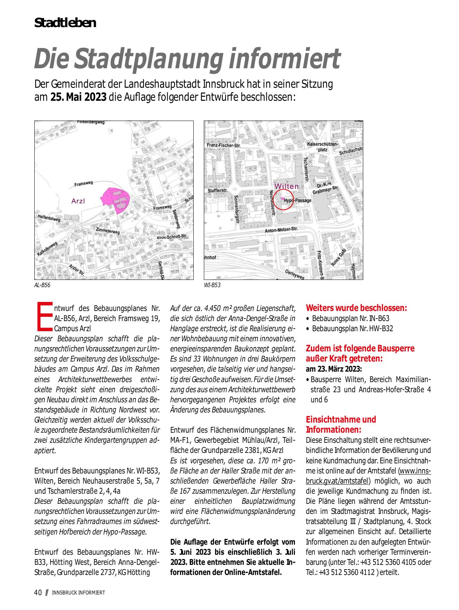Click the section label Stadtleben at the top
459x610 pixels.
pyautogui.click(x=65, y=23)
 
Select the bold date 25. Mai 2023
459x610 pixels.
pyautogui.click(x=78, y=97)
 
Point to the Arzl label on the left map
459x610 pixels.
pyautogui.click(x=78, y=201)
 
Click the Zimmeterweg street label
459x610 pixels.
pyautogui.click(x=108, y=231)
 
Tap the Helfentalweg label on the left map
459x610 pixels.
pyautogui.click(x=49, y=218)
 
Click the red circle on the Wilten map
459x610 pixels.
pyautogui.click(x=283, y=199)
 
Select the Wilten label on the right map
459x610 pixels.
pyautogui.click(x=287, y=186)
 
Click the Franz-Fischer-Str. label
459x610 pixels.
pyautogui.click(x=224, y=145)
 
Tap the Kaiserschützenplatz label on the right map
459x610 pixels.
pyautogui.click(x=321, y=147)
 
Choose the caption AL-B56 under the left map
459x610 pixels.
pyautogui.click(x=42, y=285)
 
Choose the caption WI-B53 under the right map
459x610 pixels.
pyautogui.click(x=212, y=285)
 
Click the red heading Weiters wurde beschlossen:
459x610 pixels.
pyautogui.click(x=356, y=308)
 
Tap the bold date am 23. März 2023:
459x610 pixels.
pyautogui.click(x=334, y=369)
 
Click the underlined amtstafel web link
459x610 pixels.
pyautogui.click(x=369, y=476)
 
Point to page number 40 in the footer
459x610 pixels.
pyautogui.click(x=38, y=592)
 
